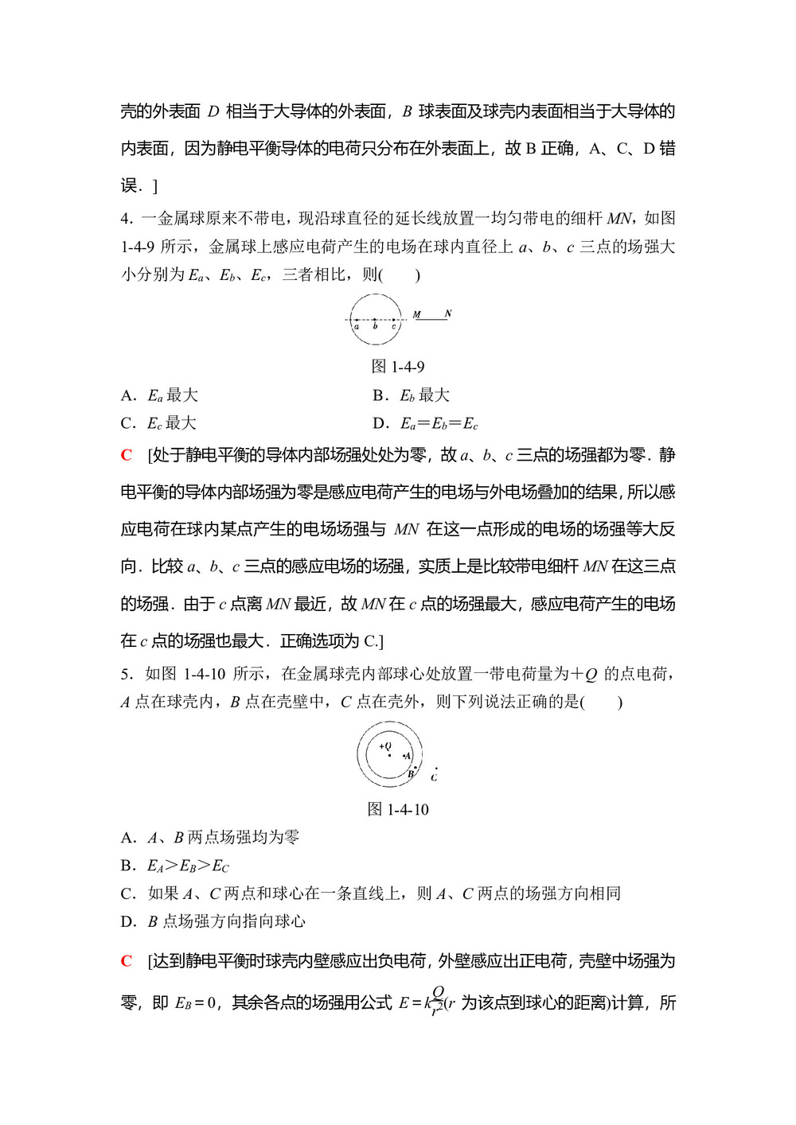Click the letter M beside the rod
coord(416,315)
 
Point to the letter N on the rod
coord(448,313)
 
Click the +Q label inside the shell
coord(385,746)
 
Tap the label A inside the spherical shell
coord(408,756)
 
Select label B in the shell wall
coord(411,773)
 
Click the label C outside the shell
coord(434,777)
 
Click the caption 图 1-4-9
coord(398,367)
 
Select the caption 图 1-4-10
coord(398,809)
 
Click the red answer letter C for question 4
coord(127,455)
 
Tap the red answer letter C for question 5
coord(127,961)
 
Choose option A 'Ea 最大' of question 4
coord(160,395)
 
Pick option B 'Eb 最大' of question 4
coord(412,395)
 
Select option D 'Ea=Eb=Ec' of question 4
coord(426,423)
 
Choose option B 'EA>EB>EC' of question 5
coord(175,866)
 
